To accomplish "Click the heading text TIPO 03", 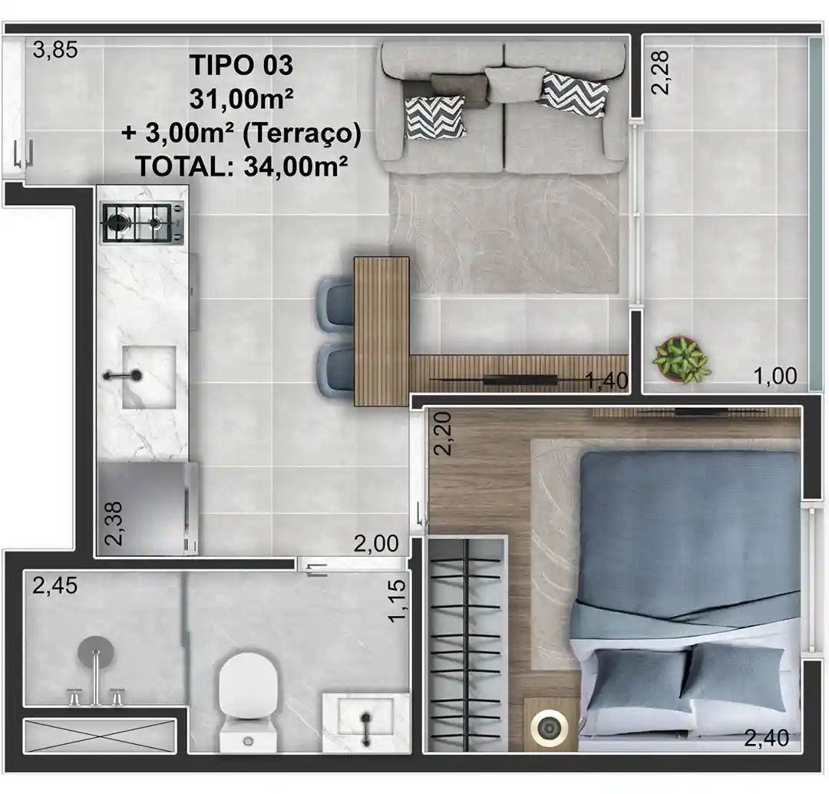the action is tap(241, 65).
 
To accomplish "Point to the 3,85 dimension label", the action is tap(55, 50).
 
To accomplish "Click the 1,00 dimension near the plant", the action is tap(775, 376).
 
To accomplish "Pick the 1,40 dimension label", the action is tap(607, 381).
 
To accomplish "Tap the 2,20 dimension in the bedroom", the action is tap(443, 433).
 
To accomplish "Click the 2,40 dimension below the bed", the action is tap(767, 738).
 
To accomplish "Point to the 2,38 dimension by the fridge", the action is tap(114, 523).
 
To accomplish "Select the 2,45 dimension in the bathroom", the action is tap(55, 586).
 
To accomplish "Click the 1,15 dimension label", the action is tap(397, 601).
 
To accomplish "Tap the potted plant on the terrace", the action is tap(680, 359).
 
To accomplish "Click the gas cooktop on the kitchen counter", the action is tap(143, 223).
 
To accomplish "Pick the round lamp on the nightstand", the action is tap(550, 729).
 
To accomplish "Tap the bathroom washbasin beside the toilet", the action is tap(366, 722).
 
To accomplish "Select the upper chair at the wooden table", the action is tap(336, 305).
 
